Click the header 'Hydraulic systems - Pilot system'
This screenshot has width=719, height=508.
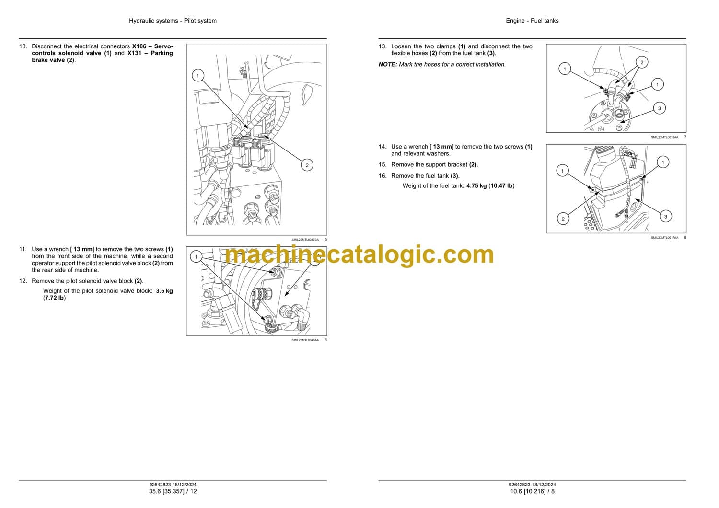(x=173, y=21)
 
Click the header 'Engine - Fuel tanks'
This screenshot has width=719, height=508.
(x=532, y=21)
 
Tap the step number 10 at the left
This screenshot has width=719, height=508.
(x=23, y=46)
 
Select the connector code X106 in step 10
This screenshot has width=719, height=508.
(x=141, y=46)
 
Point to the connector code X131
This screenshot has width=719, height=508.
(x=134, y=53)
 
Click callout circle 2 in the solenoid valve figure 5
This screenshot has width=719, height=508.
(x=307, y=165)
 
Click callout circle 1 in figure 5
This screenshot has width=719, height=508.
(x=197, y=76)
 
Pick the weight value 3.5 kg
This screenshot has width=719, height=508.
(x=164, y=291)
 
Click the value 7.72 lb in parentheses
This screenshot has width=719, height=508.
(x=54, y=298)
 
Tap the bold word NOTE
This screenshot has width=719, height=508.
(x=387, y=65)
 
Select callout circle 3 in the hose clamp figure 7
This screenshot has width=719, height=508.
(x=659, y=108)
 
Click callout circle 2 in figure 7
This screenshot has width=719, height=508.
(x=642, y=62)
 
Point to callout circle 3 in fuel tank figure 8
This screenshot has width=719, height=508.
(x=665, y=217)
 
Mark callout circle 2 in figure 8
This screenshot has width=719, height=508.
(x=563, y=219)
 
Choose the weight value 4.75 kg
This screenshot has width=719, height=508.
(x=476, y=186)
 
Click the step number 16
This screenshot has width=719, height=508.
(x=383, y=176)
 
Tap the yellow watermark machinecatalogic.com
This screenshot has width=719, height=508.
(x=359, y=255)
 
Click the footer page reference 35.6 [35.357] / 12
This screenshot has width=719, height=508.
(x=173, y=491)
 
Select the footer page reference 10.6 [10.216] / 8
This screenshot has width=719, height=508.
(x=532, y=491)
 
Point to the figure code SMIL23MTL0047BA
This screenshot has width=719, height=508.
(x=305, y=240)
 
